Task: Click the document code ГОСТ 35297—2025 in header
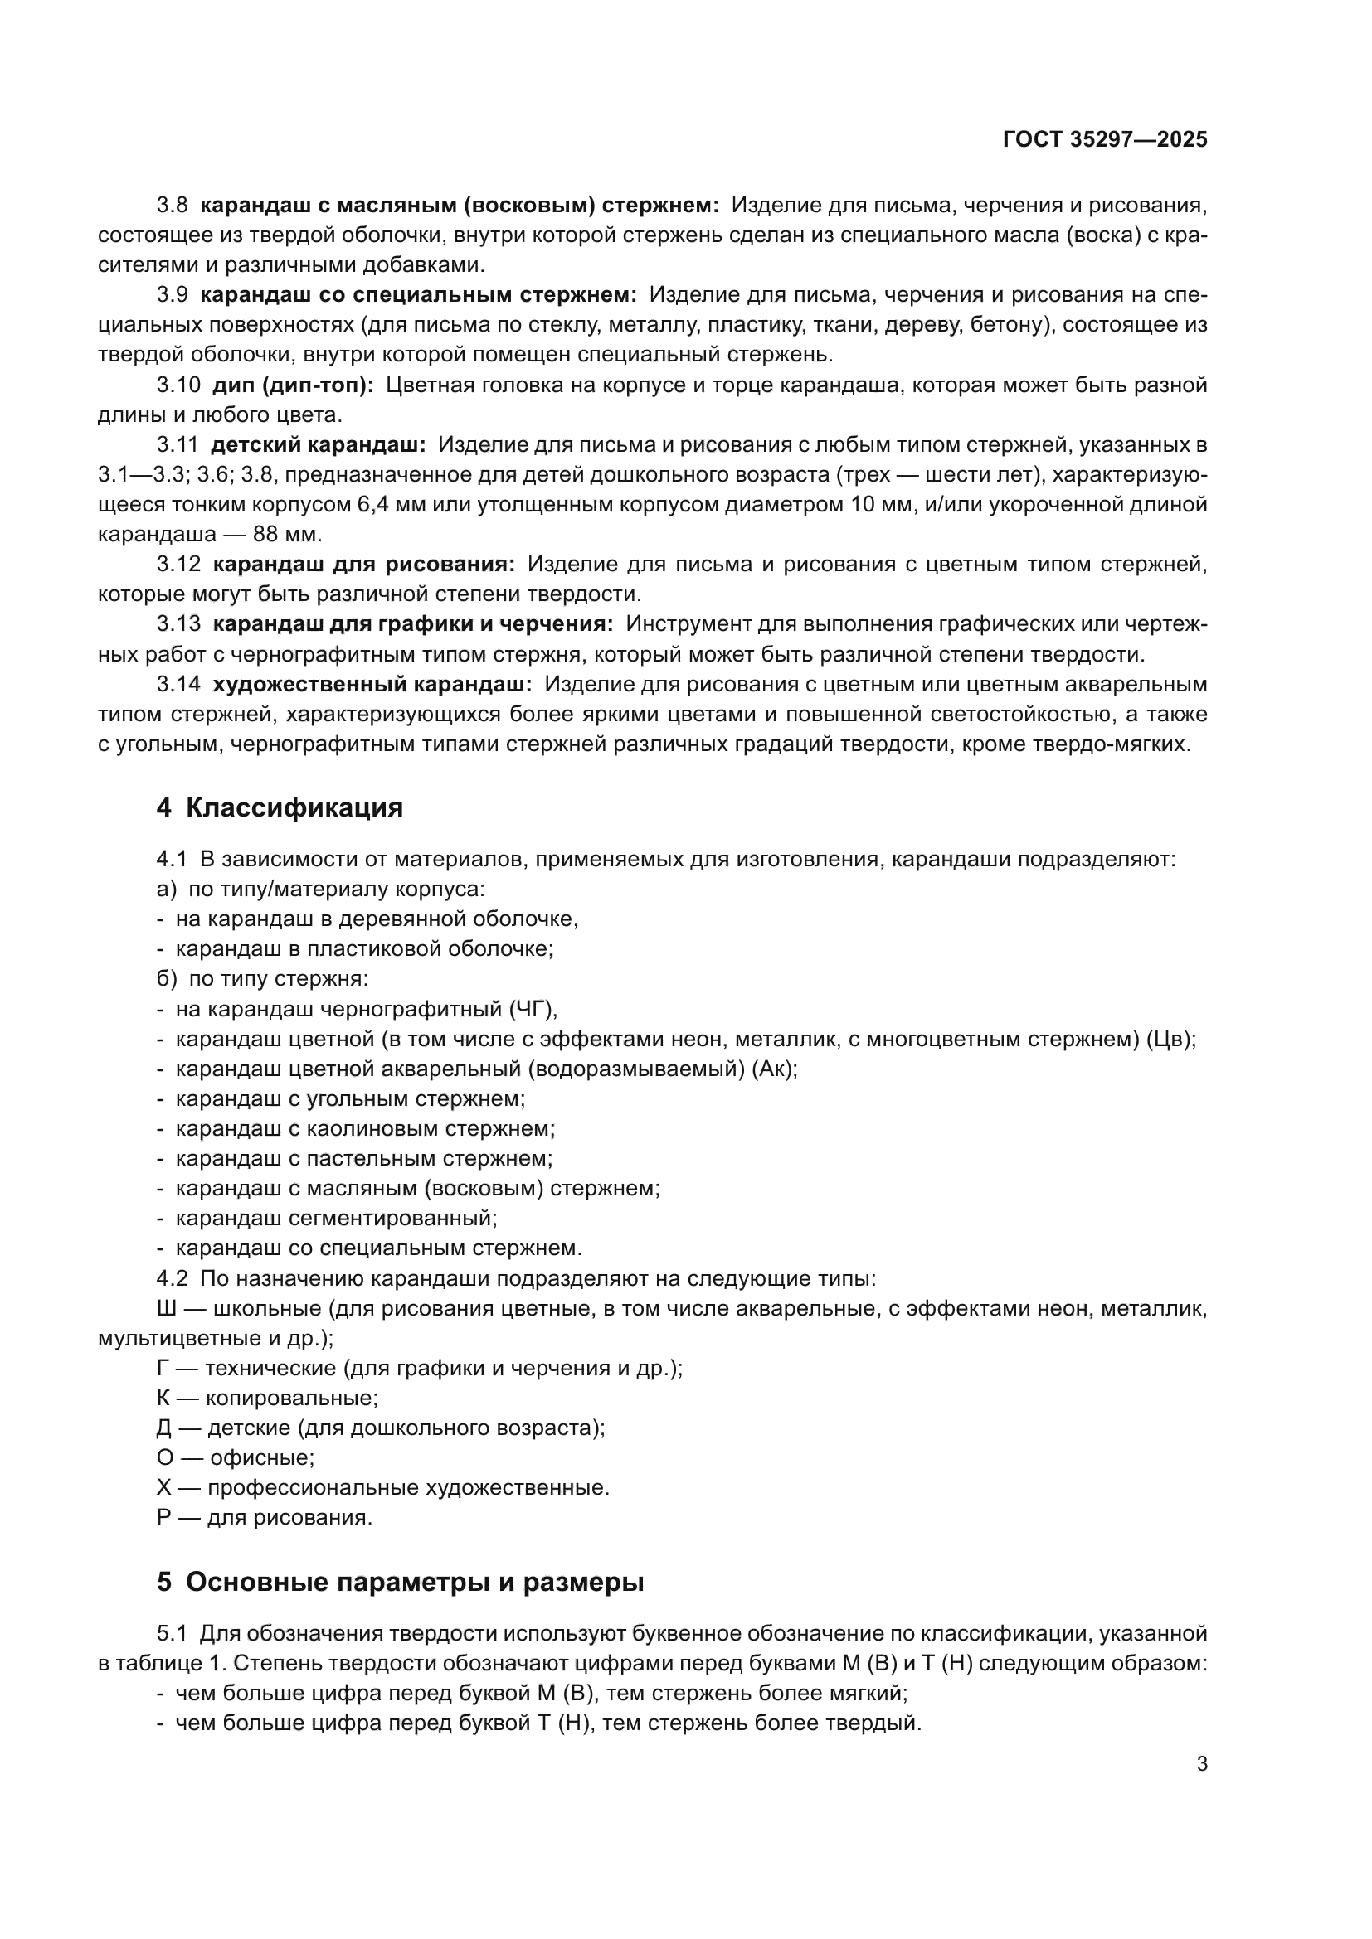click(x=1105, y=140)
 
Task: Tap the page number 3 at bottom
click(x=1201, y=1763)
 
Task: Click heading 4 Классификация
click(x=280, y=808)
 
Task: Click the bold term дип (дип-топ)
click(x=292, y=386)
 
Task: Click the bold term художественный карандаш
click(x=372, y=684)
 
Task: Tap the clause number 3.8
click(x=173, y=206)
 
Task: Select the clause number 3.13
click(x=178, y=624)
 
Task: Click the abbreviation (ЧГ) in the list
click(x=533, y=1009)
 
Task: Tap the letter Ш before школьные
click(x=167, y=1309)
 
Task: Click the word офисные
click(x=261, y=1458)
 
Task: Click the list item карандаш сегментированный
click(x=336, y=1219)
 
